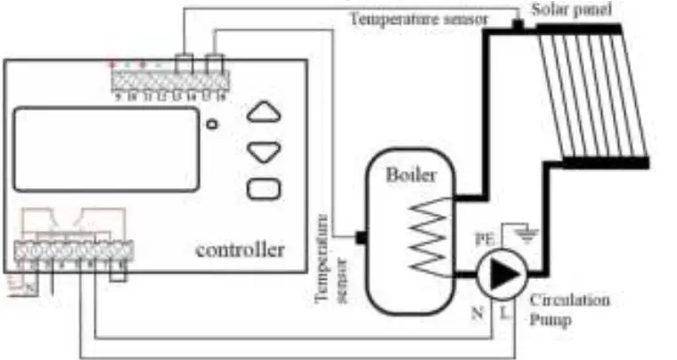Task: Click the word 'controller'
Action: coord(241,250)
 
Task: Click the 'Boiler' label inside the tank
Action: coord(411,176)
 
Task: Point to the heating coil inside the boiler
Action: coord(430,234)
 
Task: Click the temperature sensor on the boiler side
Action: coord(360,238)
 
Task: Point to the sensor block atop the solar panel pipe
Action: coord(516,26)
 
